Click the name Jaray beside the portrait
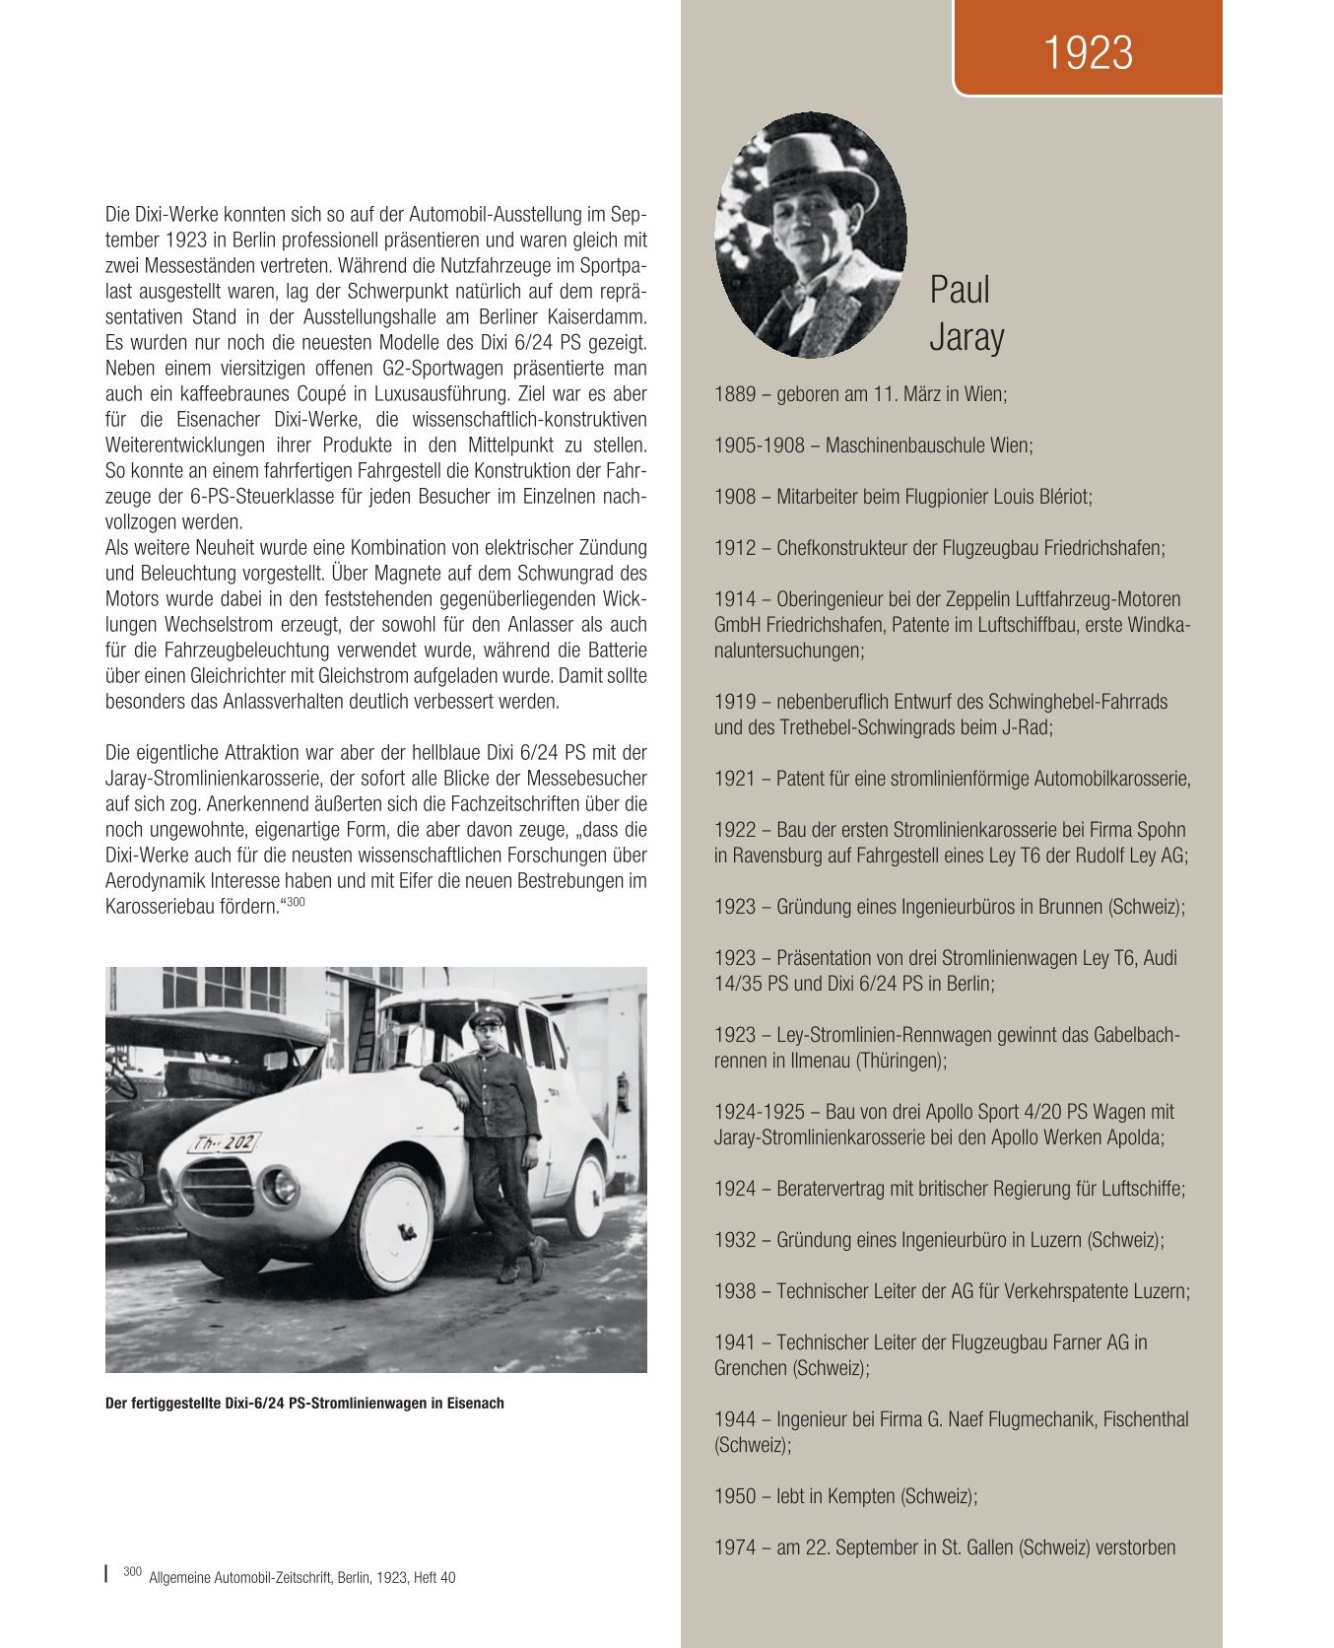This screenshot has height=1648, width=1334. tap(966, 337)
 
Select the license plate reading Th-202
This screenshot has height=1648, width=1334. tap(224, 1143)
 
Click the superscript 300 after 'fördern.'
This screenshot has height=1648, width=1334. tap(296, 900)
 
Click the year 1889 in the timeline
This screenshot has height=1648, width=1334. tap(734, 394)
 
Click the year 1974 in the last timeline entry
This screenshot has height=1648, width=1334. tap(734, 1547)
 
